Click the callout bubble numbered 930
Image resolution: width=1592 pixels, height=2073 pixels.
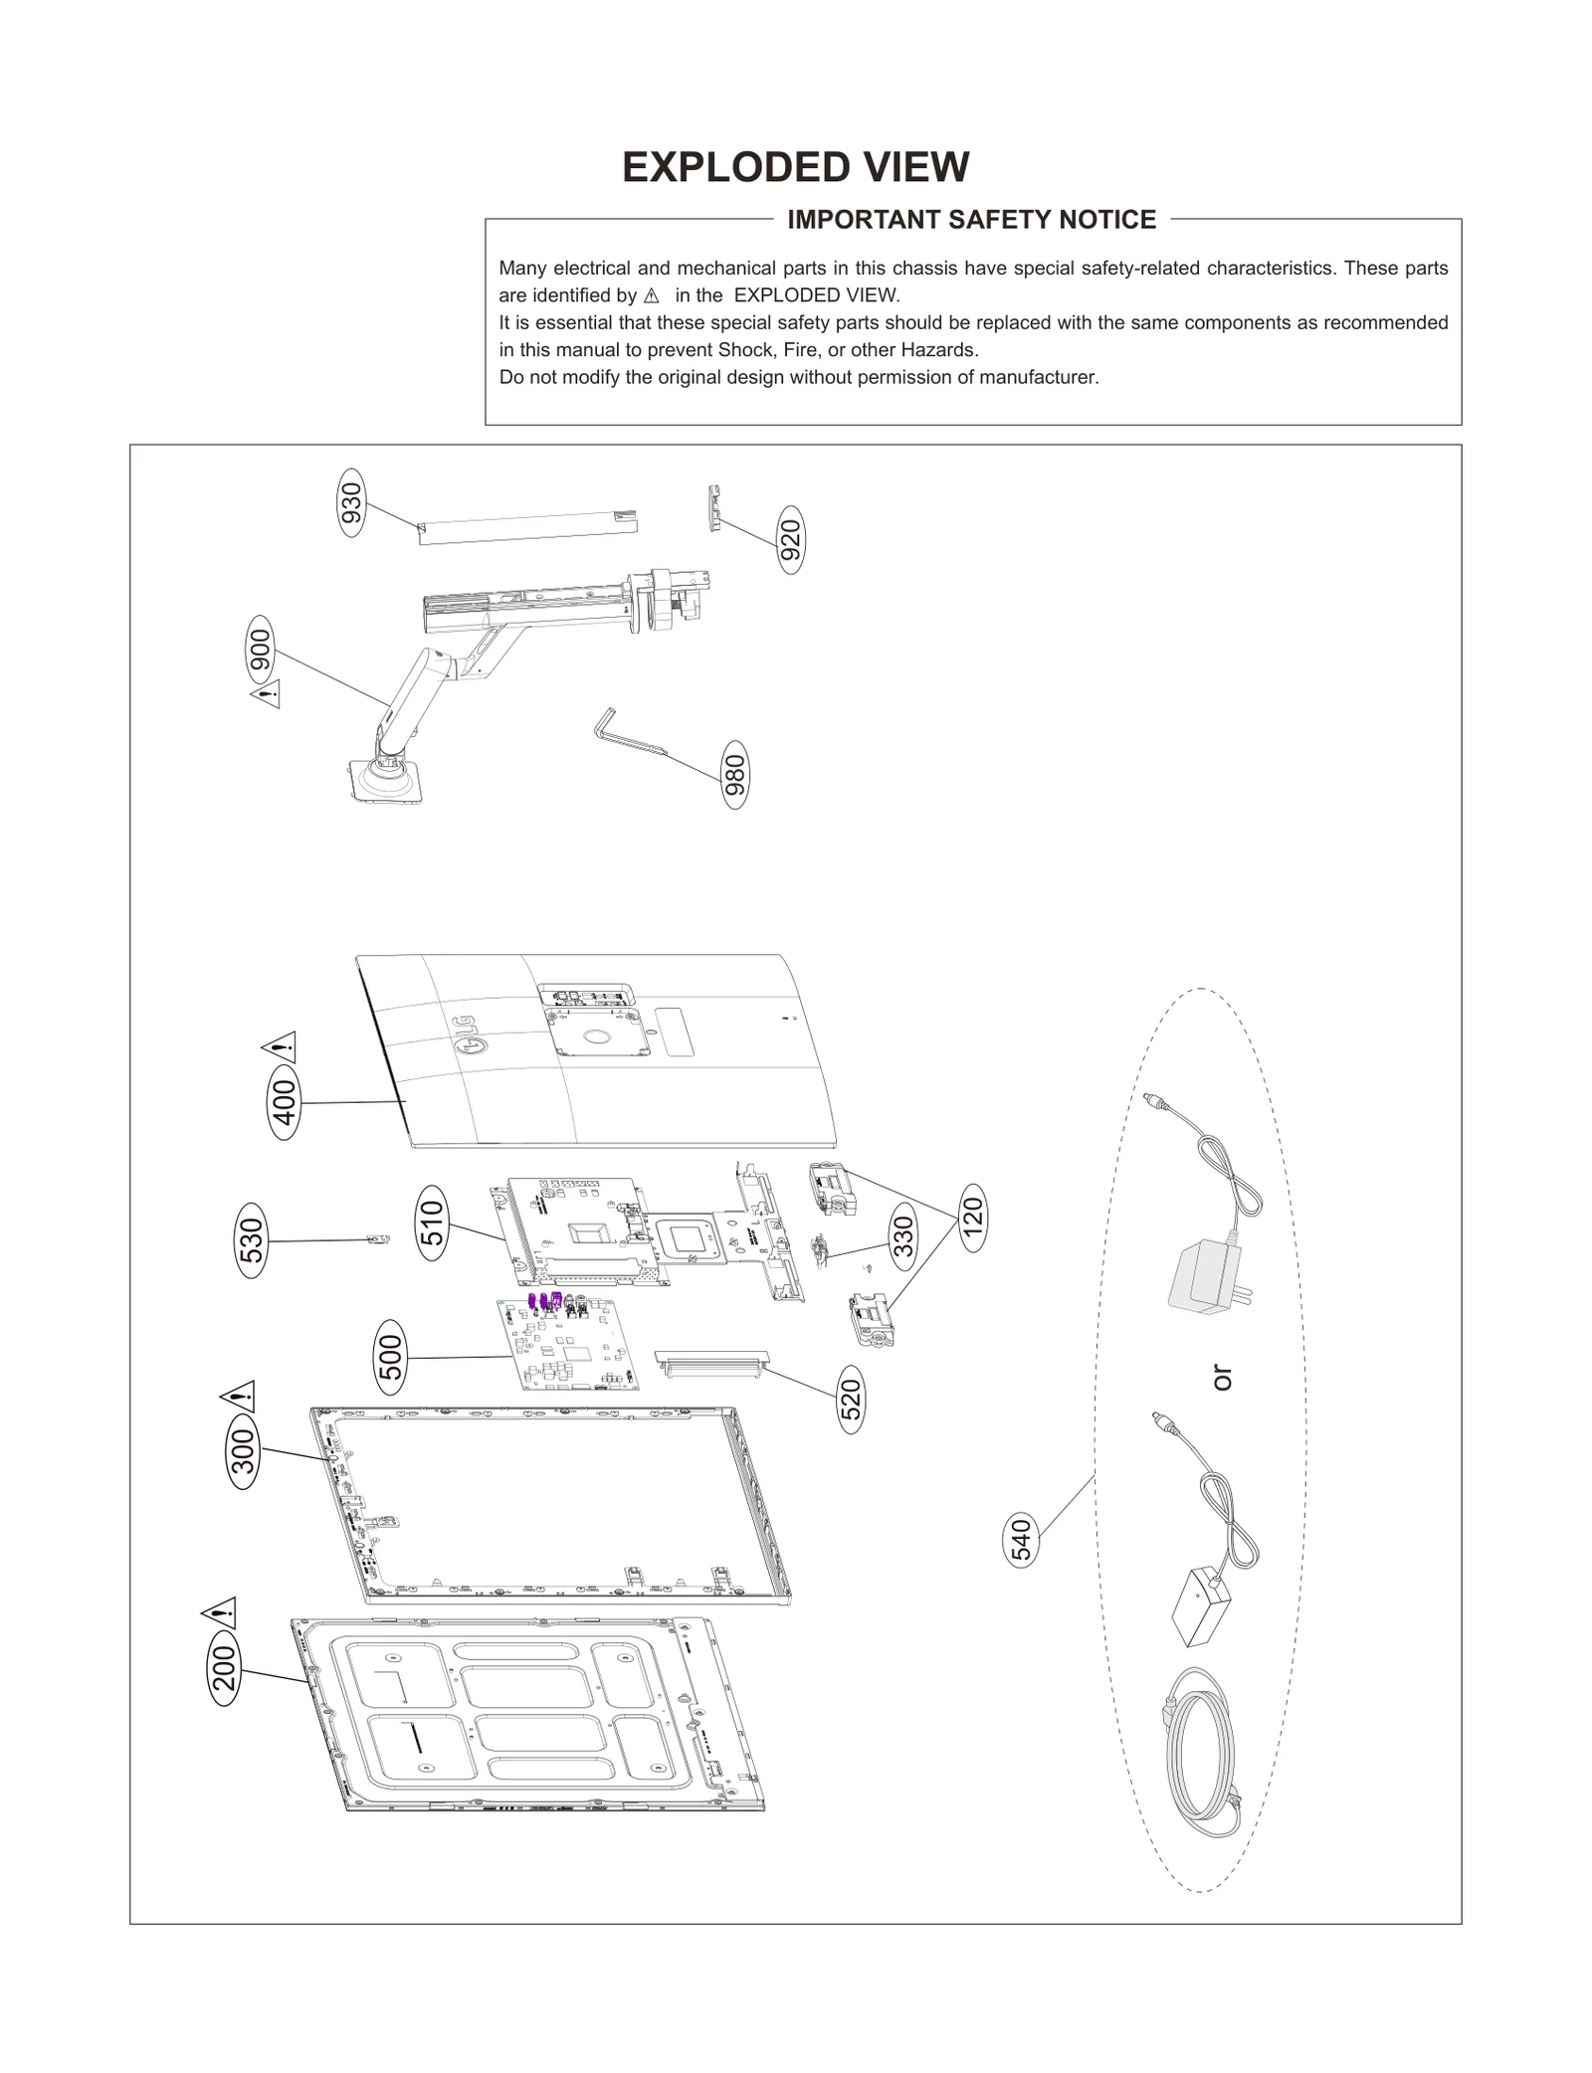[x=352, y=503]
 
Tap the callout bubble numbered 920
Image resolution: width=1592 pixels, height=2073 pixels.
[x=790, y=540]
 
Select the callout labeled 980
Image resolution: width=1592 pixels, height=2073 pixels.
[x=734, y=775]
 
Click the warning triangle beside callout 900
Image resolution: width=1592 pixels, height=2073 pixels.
[x=266, y=693]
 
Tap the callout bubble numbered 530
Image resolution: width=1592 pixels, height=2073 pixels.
[x=252, y=1240]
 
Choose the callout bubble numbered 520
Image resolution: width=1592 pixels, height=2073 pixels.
[x=852, y=1400]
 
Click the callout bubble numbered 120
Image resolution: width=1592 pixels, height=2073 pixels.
[x=972, y=1218]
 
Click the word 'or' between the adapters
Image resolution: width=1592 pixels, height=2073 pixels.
[x=1222, y=1378]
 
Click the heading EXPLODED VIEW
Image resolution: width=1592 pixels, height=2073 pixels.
[x=795, y=167]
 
